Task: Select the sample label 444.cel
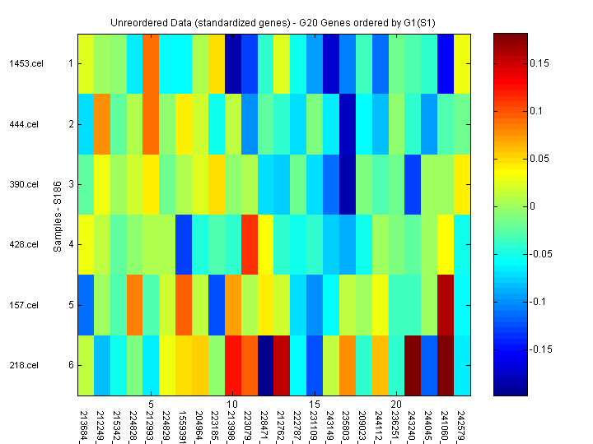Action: coord(24,124)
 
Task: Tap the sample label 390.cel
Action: coord(24,184)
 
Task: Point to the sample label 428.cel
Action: coord(24,244)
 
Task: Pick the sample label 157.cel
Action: coord(24,305)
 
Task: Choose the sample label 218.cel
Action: coord(24,365)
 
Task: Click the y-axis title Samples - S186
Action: coord(58,214)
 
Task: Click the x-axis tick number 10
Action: coord(233,405)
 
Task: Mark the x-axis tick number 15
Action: coord(315,405)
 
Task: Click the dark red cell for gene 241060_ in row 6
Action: coord(446,365)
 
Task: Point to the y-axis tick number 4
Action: coord(71,244)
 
